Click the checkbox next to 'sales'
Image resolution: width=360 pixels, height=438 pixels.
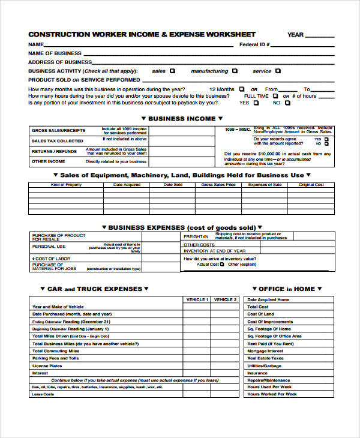click(x=173, y=71)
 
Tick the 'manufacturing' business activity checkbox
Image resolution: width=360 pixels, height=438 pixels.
click(x=235, y=71)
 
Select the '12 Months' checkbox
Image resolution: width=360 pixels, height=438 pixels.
click(x=242, y=89)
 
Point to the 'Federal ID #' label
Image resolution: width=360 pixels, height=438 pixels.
click(x=254, y=44)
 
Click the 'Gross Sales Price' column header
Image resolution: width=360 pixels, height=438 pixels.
click(x=218, y=185)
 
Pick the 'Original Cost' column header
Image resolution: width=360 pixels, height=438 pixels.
click(x=311, y=185)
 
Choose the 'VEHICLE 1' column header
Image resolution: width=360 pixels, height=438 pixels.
click(x=196, y=299)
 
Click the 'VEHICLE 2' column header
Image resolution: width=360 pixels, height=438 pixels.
click(x=224, y=299)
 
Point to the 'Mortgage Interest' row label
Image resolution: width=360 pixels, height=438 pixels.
click(x=265, y=351)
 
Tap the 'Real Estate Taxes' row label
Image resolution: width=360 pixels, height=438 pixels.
click(x=265, y=358)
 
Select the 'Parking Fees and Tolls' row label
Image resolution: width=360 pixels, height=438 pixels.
click(x=55, y=358)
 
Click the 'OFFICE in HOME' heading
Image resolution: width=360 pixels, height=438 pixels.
click(x=287, y=289)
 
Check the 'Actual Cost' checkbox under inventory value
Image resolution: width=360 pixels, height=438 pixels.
click(x=221, y=265)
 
